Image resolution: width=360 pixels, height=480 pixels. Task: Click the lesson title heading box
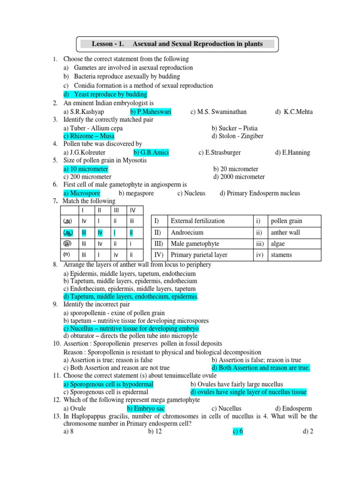pyautogui.click(x=177, y=44)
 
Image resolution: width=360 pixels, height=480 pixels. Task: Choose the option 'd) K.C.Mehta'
pyautogui.click(x=294, y=112)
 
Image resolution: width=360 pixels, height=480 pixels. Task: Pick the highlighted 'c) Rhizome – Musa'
pyautogui.click(x=89, y=136)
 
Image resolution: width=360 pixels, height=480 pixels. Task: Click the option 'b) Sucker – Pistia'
pyautogui.click(x=234, y=128)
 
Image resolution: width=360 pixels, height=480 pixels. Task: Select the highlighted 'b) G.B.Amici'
pyautogui.click(x=151, y=152)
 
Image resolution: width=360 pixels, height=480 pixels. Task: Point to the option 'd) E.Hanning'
pyautogui.click(x=292, y=152)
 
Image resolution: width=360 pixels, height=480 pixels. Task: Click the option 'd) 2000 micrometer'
pyautogui.click(x=239, y=177)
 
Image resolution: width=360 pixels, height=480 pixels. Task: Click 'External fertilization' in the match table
pyautogui.click(x=197, y=221)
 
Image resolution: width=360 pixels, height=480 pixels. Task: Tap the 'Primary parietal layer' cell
pyautogui.click(x=199, y=255)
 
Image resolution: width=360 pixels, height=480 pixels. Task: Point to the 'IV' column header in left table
pyautogui.click(x=133, y=210)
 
